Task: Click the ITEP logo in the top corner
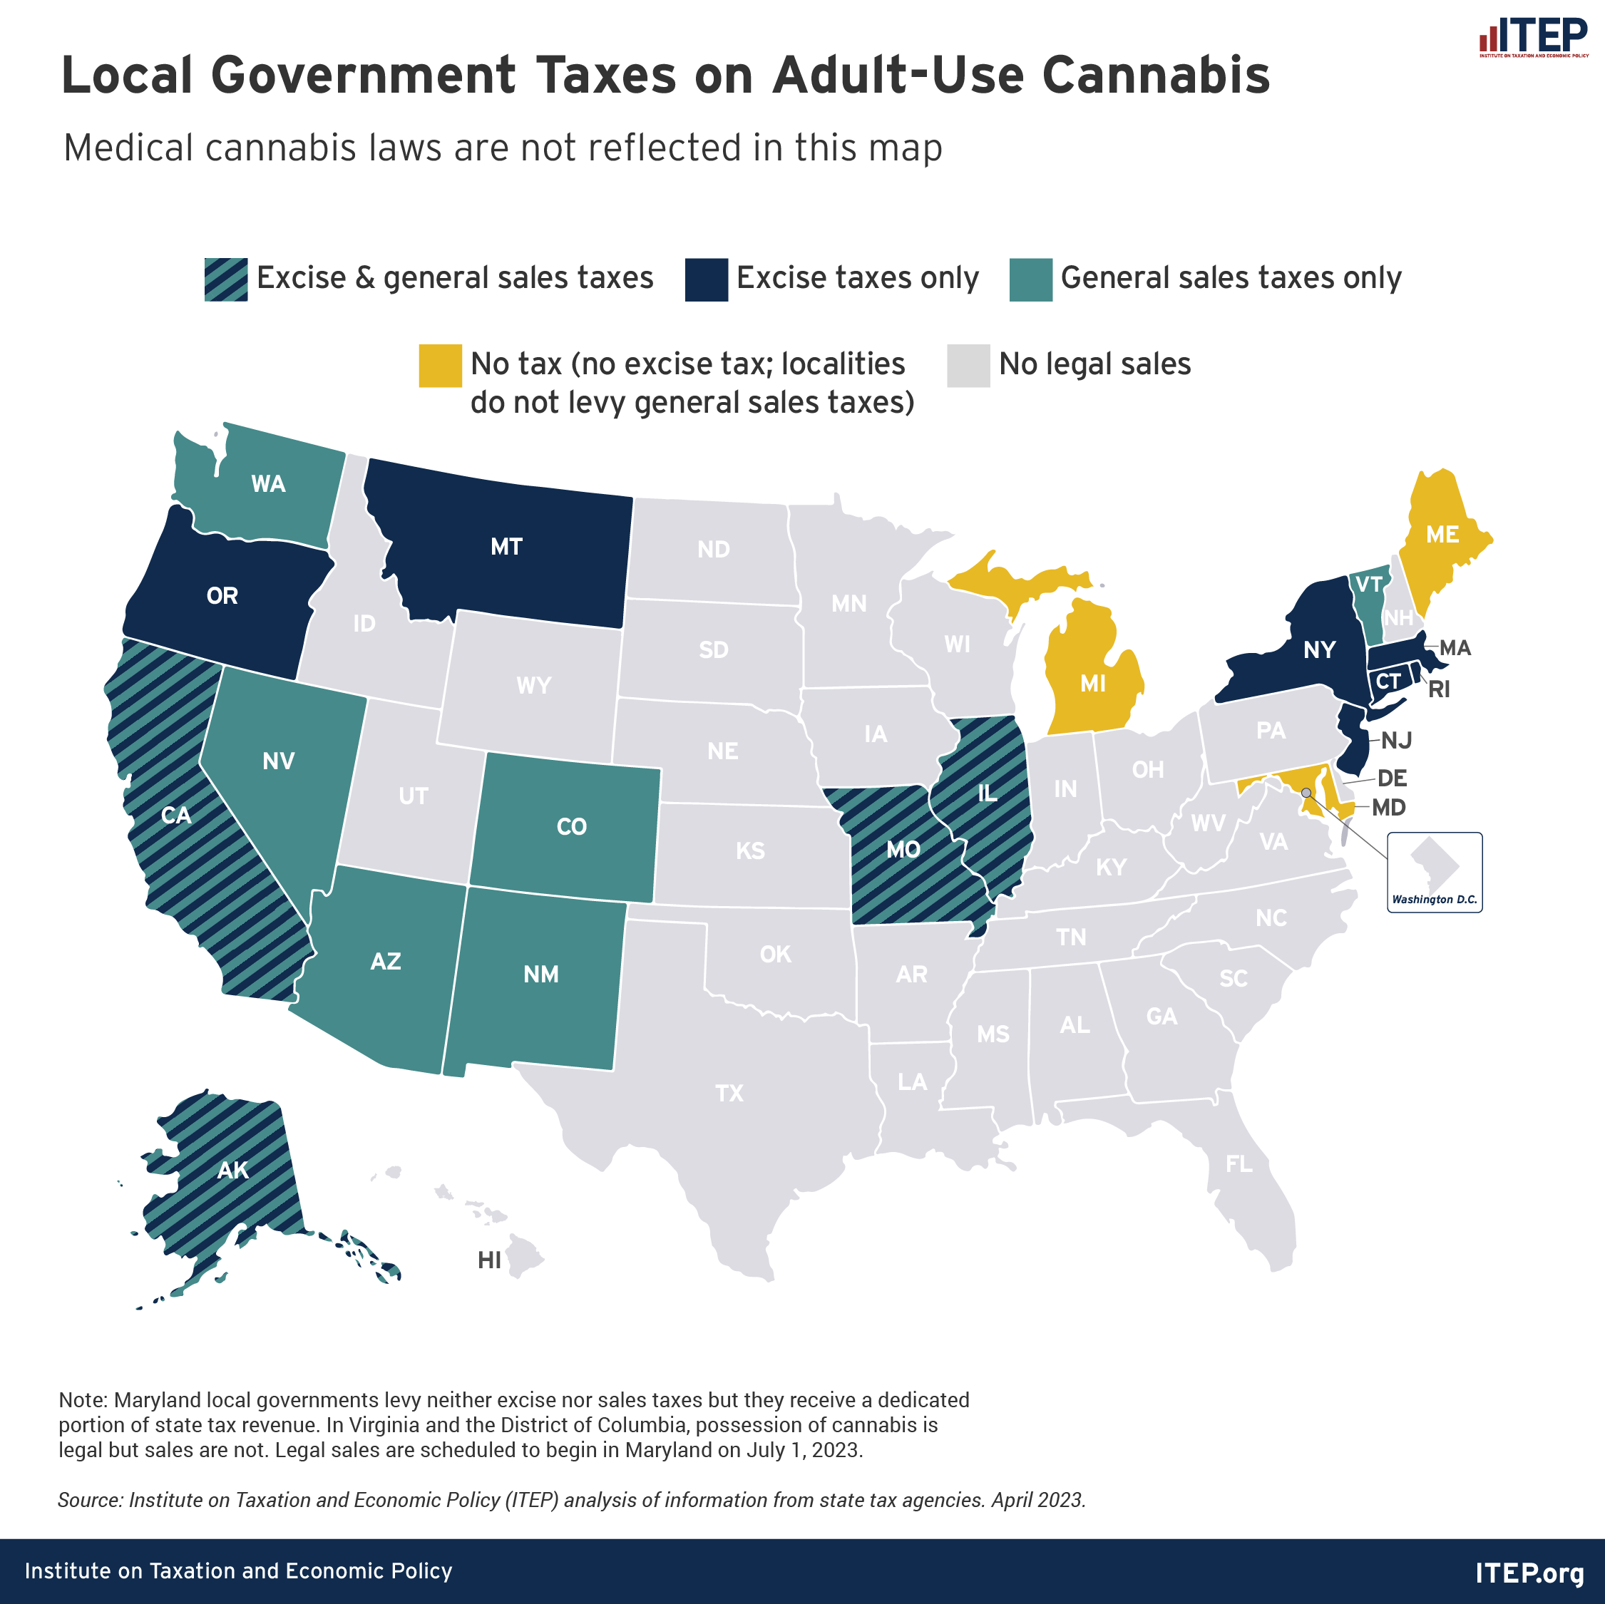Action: (1533, 37)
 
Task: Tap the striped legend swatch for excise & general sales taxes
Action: (226, 279)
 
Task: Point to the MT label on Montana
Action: (506, 547)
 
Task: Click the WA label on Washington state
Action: (268, 484)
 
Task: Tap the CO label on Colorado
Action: (572, 826)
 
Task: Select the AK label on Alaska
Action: (232, 1171)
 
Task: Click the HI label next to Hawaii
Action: (489, 1260)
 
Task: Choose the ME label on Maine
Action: (1442, 535)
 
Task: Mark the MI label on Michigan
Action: (1092, 684)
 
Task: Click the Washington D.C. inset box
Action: (1435, 872)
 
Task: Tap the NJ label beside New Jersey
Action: (1397, 740)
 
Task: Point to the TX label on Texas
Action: (729, 1093)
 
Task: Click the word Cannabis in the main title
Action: (1156, 75)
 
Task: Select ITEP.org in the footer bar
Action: (1529, 1573)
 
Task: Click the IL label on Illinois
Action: (987, 793)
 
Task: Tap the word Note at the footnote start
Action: (81, 1399)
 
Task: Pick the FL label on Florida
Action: (1239, 1163)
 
